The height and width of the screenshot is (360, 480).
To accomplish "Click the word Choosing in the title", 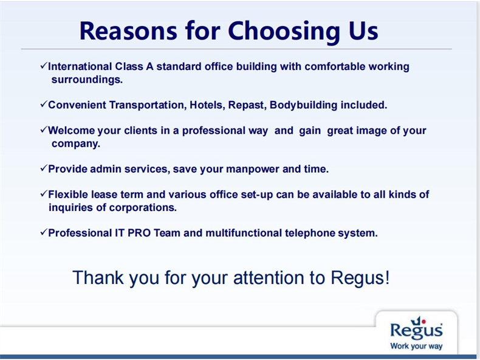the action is tap(284, 32).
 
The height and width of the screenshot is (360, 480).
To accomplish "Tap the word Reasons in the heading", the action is tap(128, 31).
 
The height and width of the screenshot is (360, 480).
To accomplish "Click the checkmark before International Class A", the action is tap(44, 65).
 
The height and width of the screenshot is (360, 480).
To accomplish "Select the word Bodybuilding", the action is tap(303, 105).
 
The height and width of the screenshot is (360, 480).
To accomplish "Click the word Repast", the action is tap(247, 105).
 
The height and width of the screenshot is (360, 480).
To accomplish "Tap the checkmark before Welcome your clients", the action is tap(44, 130).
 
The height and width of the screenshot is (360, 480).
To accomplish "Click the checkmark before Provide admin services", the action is tap(44, 168).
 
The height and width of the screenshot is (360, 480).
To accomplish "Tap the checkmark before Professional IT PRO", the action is tap(44, 232).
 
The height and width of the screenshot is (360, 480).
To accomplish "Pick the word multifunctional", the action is tap(244, 233).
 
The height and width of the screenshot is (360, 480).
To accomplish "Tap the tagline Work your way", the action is tap(416, 346).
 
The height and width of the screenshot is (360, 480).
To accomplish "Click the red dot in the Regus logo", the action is tap(423, 321).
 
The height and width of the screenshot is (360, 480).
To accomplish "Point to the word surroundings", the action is tap(87, 80).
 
